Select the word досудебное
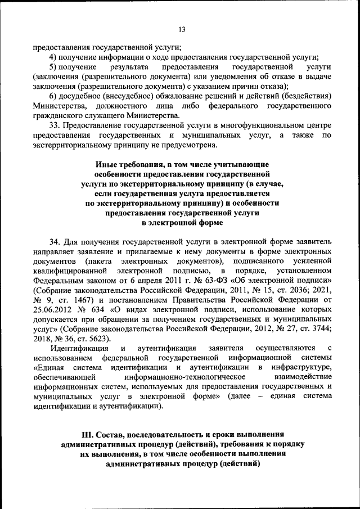tap(87, 96)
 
